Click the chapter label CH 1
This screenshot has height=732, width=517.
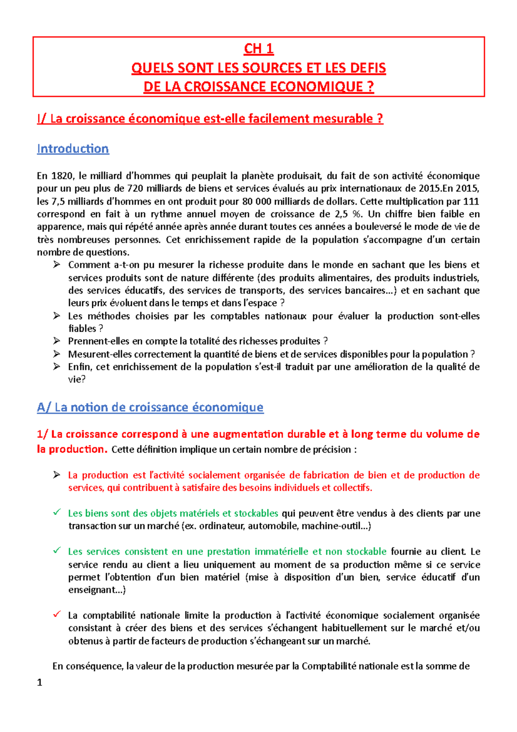click(258, 49)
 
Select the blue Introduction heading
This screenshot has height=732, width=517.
click(73, 149)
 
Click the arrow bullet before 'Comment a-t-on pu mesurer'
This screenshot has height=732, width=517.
click(56, 265)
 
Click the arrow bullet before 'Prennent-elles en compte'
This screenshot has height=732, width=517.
click(56, 341)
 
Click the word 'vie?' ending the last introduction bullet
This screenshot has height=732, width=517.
click(77, 379)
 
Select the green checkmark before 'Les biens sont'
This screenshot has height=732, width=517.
click(56, 513)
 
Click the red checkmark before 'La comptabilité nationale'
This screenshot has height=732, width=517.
click(56, 615)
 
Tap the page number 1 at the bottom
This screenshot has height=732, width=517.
click(40, 682)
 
